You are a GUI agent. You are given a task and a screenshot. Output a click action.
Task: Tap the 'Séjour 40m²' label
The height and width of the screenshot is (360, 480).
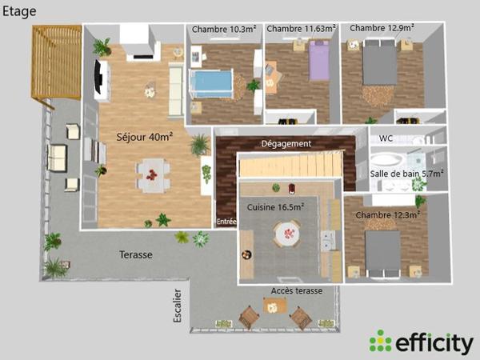145,137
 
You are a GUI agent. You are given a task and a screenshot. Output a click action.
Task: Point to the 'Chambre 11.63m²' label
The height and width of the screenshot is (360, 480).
301,29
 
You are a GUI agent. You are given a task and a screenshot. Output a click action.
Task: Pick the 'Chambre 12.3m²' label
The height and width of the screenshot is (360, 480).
388,214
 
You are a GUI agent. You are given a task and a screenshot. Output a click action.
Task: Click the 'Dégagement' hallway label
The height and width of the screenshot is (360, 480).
286,143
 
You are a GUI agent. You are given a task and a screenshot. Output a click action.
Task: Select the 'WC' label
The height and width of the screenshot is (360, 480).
386,138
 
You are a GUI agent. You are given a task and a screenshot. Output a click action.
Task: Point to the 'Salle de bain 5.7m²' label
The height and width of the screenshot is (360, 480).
407,172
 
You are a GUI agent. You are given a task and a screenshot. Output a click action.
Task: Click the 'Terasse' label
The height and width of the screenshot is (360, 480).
136,254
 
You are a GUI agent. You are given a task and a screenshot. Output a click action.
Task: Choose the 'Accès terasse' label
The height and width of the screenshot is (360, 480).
297,290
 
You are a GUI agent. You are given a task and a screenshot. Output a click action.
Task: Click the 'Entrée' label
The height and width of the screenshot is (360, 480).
227,222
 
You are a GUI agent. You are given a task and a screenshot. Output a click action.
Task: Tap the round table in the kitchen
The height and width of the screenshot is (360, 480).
287,234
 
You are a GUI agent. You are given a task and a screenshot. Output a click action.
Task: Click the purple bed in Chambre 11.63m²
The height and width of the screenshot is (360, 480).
318,62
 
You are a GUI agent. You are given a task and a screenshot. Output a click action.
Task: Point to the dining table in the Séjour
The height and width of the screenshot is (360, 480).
152,174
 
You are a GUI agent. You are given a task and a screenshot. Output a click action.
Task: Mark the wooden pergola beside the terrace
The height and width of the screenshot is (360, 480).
56,61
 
